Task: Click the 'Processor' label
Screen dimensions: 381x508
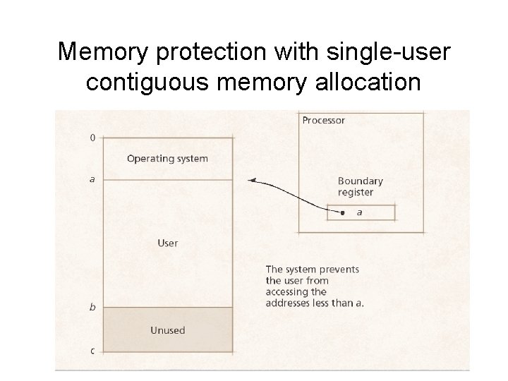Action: [323, 120]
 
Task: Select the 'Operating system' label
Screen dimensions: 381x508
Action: [167, 158]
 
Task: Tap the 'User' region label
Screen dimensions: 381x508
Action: [167, 243]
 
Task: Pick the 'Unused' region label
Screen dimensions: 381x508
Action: [167, 329]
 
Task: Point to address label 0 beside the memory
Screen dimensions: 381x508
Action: [93, 138]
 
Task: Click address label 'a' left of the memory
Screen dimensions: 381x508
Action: [92, 179]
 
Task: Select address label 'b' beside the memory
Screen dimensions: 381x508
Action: [92, 307]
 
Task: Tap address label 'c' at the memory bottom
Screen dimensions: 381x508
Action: [92, 351]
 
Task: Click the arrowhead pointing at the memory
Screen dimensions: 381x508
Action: [252, 181]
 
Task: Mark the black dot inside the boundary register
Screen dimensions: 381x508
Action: [342, 212]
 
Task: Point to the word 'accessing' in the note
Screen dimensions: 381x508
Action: [288, 291]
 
